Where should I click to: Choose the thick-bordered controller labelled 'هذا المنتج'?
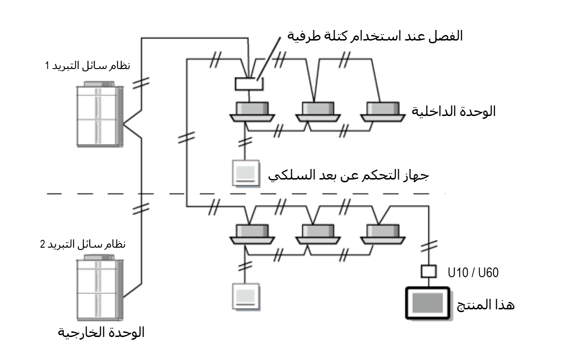427,302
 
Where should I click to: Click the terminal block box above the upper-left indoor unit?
248,84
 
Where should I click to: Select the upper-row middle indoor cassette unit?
318,112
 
